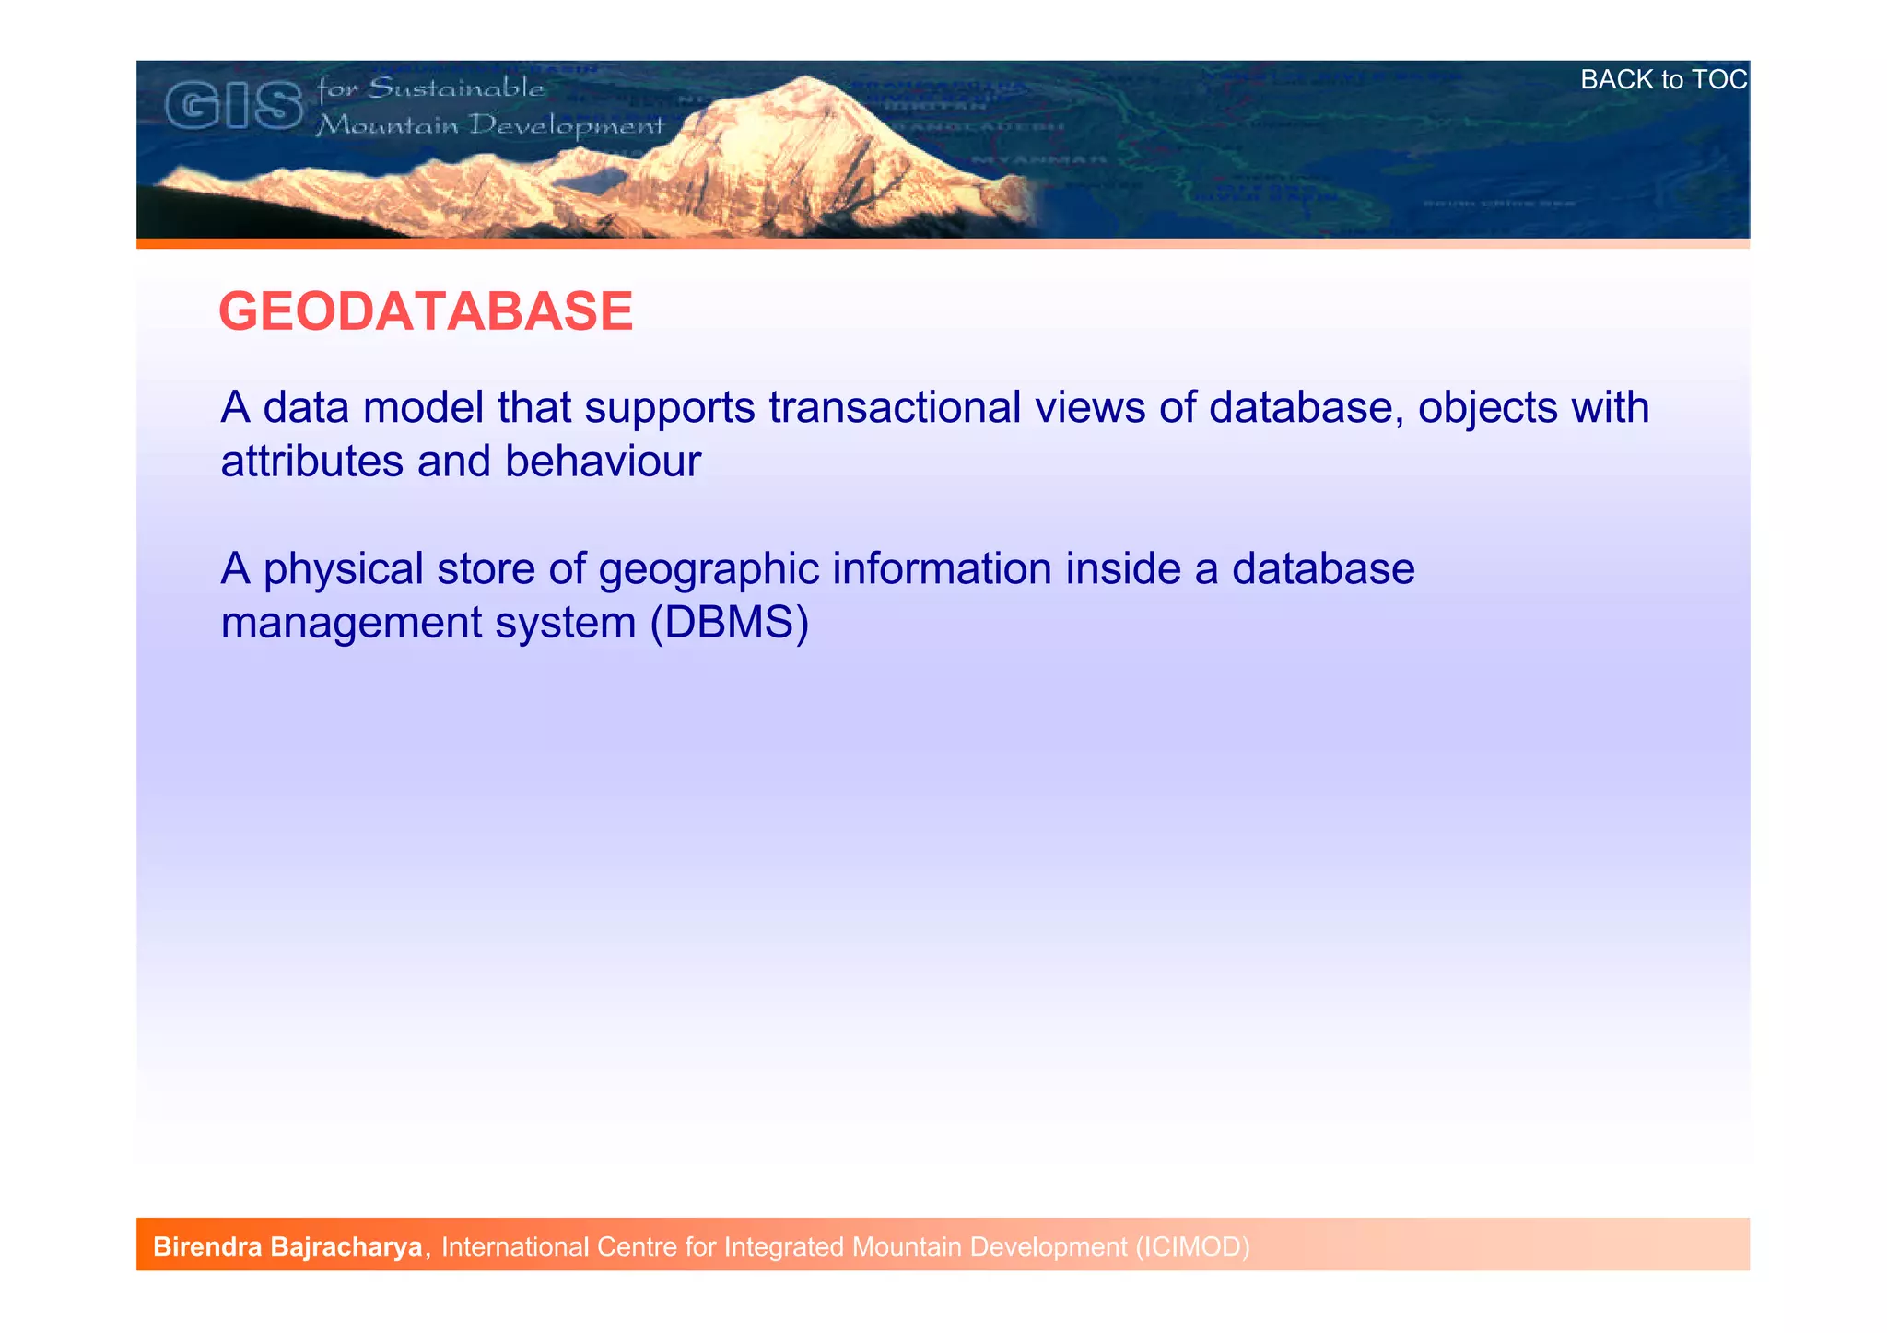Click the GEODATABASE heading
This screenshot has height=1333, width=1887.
(426, 311)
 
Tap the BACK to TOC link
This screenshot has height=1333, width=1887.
(1663, 80)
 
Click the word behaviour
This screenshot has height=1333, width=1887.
(603, 462)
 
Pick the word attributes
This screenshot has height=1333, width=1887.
(311, 462)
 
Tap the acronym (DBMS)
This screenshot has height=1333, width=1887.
(729, 623)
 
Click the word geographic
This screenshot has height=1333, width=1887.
(709, 569)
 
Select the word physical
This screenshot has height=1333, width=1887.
(343, 569)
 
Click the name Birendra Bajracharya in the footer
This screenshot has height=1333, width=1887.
(287, 1247)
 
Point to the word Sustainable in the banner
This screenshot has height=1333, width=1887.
(456, 88)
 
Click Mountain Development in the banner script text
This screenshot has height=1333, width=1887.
(489, 125)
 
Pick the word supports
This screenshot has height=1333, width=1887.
(670, 408)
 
